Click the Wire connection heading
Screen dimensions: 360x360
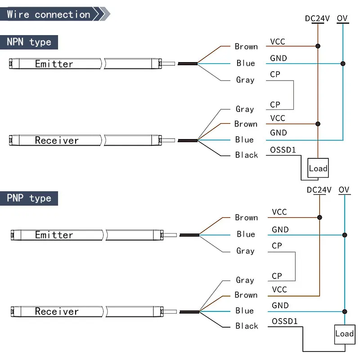pyautogui.click(x=49, y=14)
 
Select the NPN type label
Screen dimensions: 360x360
pyautogui.click(x=29, y=42)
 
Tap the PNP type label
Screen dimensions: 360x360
pyautogui.click(x=29, y=198)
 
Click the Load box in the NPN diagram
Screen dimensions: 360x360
pyautogui.click(x=318, y=168)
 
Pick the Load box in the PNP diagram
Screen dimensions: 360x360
pyautogui.click(x=344, y=333)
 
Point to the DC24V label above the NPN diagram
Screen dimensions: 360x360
pyautogui.click(x=318, y=18)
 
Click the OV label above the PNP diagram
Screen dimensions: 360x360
pyautogui.click(x=344, y=190)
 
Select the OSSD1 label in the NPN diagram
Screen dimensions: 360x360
pyautogui.click(x=283, y=150)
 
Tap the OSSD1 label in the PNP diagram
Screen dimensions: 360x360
pyautogui.click(x=285, y=321)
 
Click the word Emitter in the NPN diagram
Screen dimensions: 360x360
pyautogui.click(x=54, y=64)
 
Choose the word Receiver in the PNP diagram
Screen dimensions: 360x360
pyautogui.click(x=57, y=311)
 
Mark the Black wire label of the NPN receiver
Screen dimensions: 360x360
pyautogui.click(x=247, y=155)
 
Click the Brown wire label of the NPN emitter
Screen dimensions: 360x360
pyautogui.click(x=246, y=46)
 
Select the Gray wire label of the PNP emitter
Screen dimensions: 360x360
pyautogui.click(x=246, y=251)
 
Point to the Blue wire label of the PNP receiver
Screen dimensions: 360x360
pyautogui.click(x=245, y=310)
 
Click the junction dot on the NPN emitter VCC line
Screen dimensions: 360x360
pyautogui.click(x=318, y=46)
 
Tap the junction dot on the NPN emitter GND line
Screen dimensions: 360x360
pyautogui.click(x=343, y=63)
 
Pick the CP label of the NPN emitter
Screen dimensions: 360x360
pyautogui.click(x=275, y=74)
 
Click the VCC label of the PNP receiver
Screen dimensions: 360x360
pyautogui.click(x=279, y=289)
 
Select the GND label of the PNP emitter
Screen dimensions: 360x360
pyautogui.click(x=280, y=229)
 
